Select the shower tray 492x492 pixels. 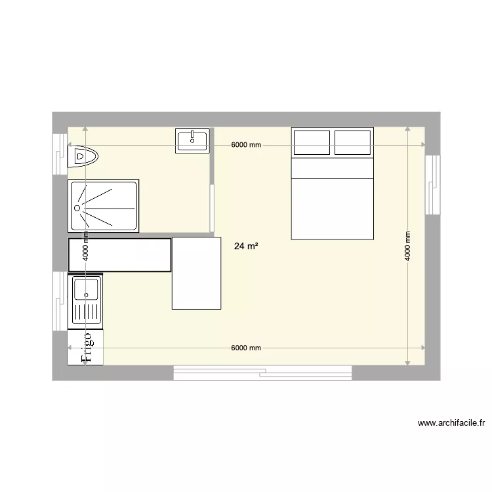(x=104, y=206)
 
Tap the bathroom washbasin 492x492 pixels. (x=192, y=140)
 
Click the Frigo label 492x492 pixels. (x=86, y=347)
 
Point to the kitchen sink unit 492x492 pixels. (x=85, y=301)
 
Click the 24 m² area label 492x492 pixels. (x=245, y=247)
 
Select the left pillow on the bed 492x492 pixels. (x=312, y=142)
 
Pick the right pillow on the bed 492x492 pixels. (x=353, y=142)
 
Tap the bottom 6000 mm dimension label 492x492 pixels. (x=246, y=348)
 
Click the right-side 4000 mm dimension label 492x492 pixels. (x=407, y=247)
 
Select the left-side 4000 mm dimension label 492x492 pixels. (x=85, y=247)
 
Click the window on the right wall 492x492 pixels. (x=432, y=184)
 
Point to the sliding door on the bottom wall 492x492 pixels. (x=262, y=373)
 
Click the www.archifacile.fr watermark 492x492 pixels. (x=450, y=423)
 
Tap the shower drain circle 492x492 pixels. (x=77, y=207)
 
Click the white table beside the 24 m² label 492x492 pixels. (x=196, y=273)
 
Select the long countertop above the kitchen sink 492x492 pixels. (x=119, y=255)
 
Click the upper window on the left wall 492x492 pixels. (x=60, y=154)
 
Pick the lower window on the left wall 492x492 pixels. (x=60, y=300)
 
